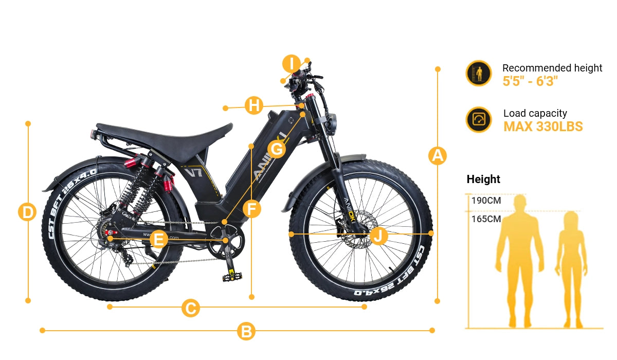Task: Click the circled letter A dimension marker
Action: tap(438, 156)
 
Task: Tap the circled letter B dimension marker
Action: tap(246, 331)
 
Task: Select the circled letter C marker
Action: tap(191, 308)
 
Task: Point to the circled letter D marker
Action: tap(27, 212)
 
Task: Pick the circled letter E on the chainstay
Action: tap(159, 239)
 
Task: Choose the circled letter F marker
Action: tap(252, 209)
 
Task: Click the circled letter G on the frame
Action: tap(277, 149)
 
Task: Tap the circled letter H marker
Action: tap(254, 105)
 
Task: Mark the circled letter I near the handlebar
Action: tap(292, 64)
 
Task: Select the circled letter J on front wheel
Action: tap(378, 236)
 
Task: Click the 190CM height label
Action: tap(486, 201)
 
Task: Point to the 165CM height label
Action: tap(486, 219)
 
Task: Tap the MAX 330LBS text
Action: tap(543, 127)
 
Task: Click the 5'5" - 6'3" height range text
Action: tap(530, 81)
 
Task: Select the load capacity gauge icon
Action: tap(479, 119)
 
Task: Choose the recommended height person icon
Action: tap(479, 73)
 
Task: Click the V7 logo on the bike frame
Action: tap(194, 172)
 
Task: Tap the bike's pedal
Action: tap(232, 276)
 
